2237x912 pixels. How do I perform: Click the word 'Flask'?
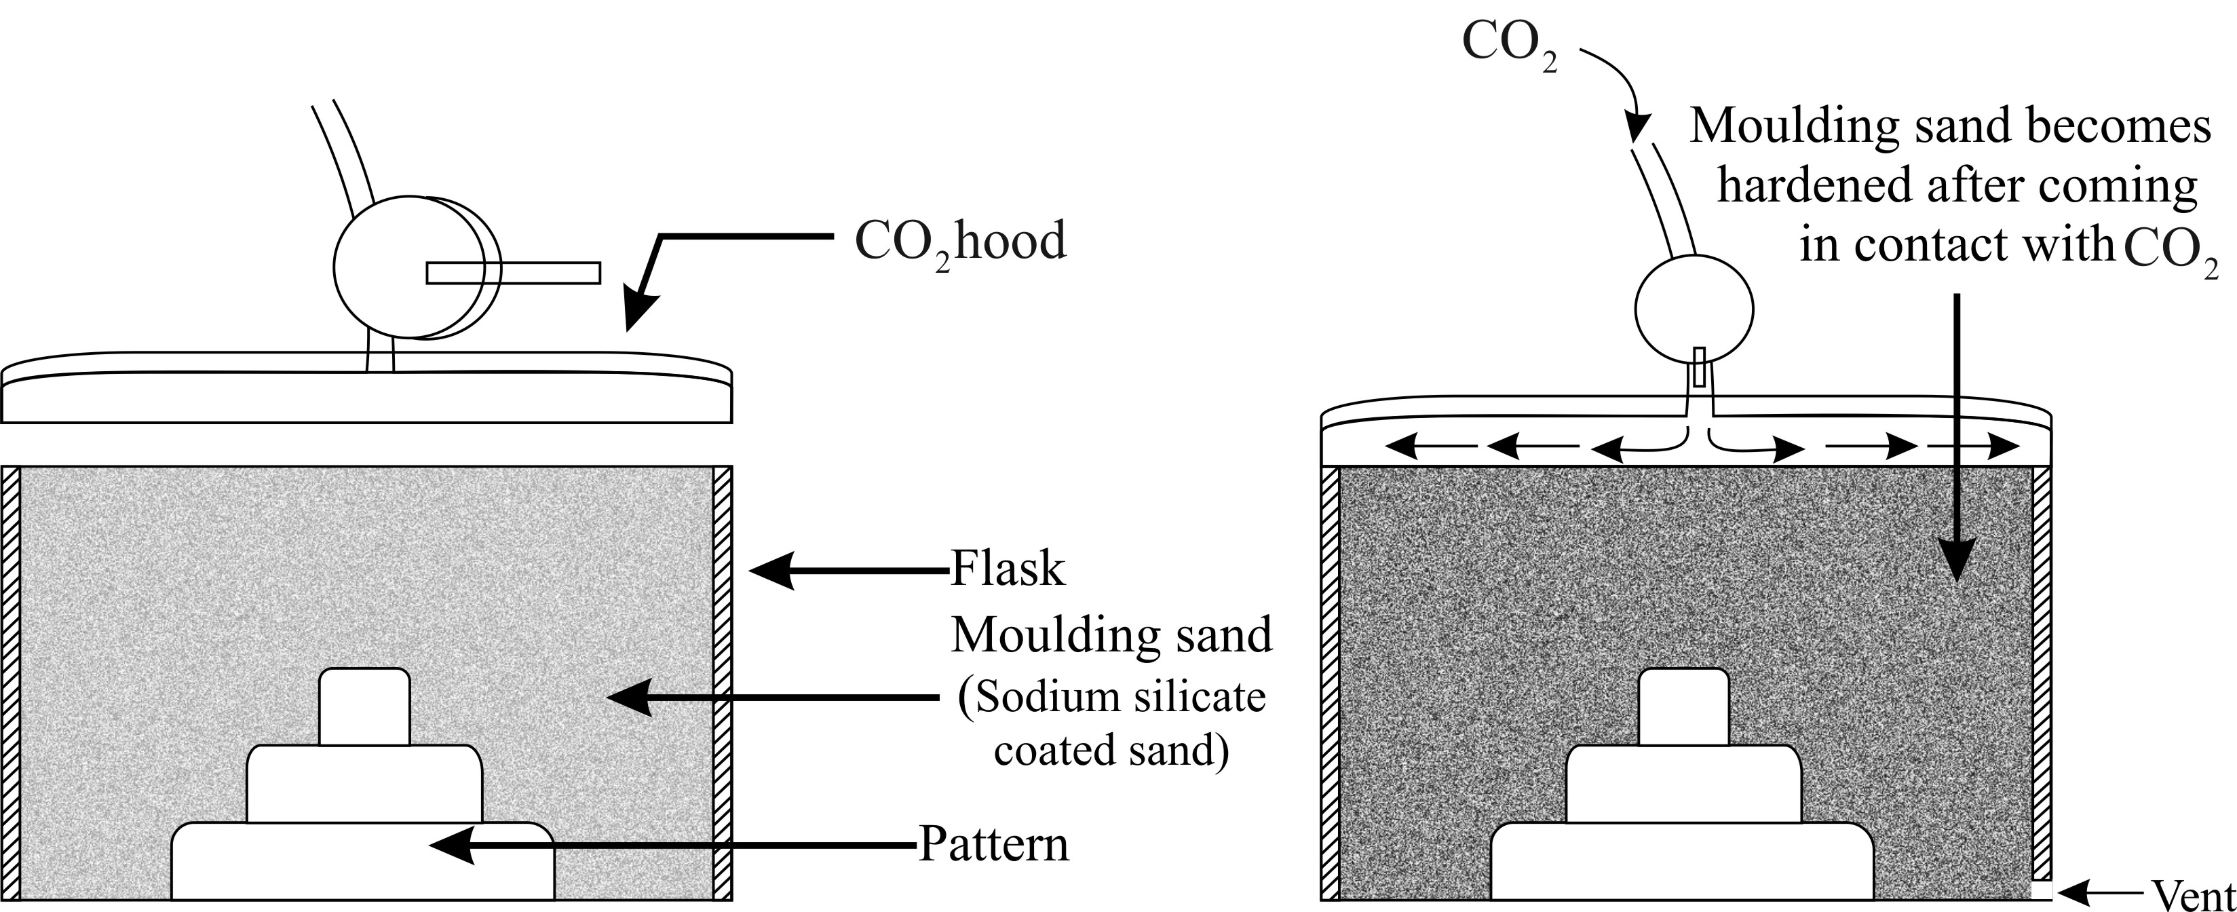(1008, 570)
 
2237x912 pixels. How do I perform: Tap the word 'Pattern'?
(993, 844)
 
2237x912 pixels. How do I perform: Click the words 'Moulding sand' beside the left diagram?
(1111, 635)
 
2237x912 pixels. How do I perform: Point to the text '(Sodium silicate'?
(1111, 698)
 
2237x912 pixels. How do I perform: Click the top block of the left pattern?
(364, 706)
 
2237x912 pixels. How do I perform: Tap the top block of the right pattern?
(1683, 706)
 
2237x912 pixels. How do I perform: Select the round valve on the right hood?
(1694, 308)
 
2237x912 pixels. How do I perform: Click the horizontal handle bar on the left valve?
(512, 273)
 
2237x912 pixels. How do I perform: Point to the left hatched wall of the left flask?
(10, 683)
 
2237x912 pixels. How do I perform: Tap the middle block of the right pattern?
(1683, 784)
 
